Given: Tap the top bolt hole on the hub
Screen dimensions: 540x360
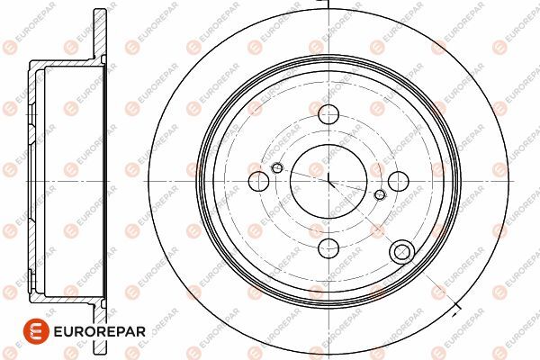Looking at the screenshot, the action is pyautogui.click(x=328, y=114).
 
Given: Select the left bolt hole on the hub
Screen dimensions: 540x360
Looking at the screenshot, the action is pyautogui.click(x=258, y=181).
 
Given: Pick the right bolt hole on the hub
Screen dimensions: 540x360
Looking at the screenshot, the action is pyautogui.click(x=399, y=181).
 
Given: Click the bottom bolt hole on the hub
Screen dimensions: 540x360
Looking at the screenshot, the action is pyautogui.click(x=328, y=248).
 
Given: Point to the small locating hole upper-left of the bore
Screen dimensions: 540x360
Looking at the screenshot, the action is pyautogui.click(x=277, y=168).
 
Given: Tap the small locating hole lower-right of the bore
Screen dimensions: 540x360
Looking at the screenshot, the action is pyautogui.click(x=380, y=194).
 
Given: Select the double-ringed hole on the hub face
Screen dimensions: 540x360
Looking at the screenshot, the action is pyautogui.click(x=402, y=252).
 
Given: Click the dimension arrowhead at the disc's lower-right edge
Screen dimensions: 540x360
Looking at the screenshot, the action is pyautogui.click(x=454, y=313).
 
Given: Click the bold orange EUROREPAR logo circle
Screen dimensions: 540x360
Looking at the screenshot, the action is pyautogui.click(x=37, y=331).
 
